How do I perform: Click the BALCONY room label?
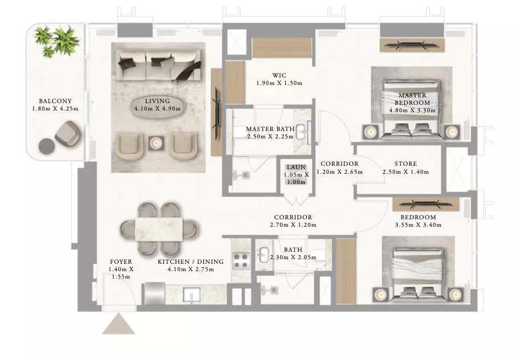tap(55, 101)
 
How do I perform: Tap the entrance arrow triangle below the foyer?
tap(118, 324)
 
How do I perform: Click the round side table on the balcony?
tap(47, 146)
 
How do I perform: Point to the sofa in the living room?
tap(160, 65)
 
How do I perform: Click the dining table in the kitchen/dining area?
tap(159, 229)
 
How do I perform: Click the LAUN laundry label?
tap(296, 167)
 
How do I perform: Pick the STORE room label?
tap(406, 163)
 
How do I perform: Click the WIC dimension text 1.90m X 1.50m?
tap(279, 83)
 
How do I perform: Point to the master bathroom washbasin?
tap(301, 132)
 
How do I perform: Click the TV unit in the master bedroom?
tap(412, 45)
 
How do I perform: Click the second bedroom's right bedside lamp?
tap(456, 294)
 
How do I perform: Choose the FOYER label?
tap(121, 261)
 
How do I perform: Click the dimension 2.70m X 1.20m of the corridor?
tap(293, 225)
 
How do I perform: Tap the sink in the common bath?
tap(264, 255)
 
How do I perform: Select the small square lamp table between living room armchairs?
tap(156, 144)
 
